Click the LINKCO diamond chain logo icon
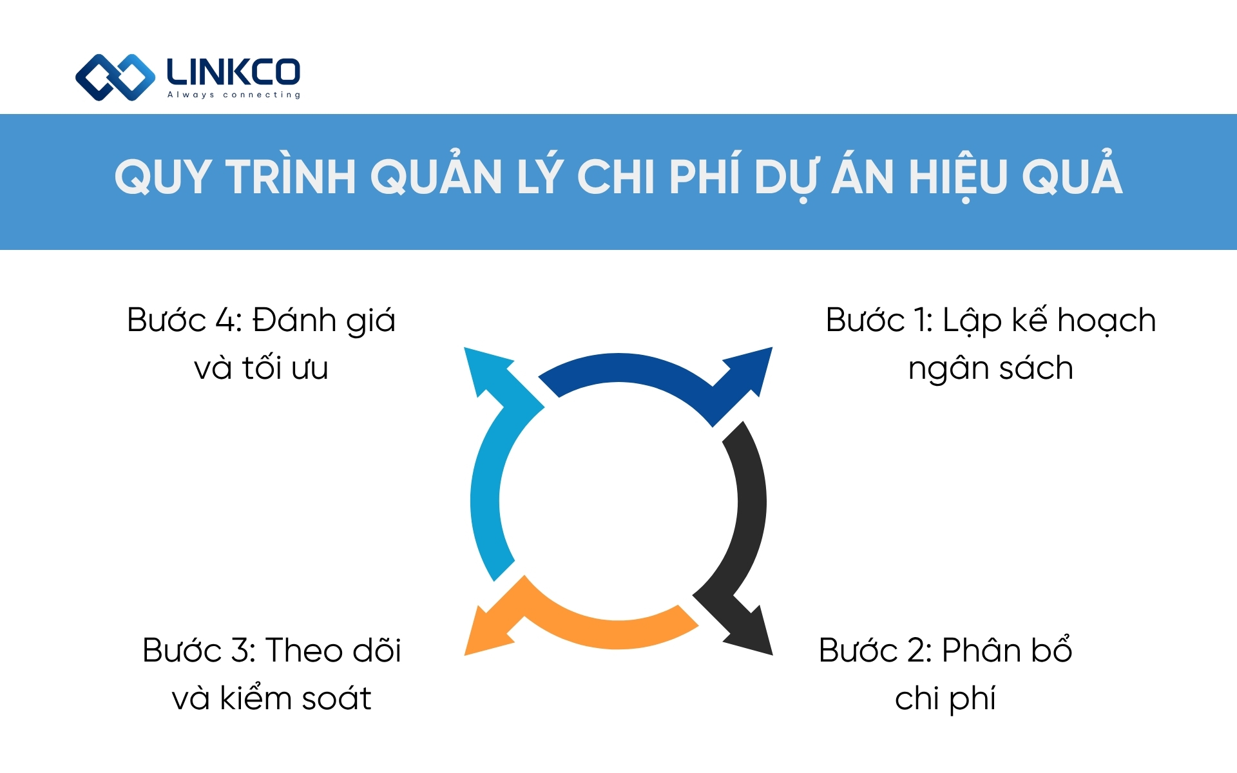coord(115,77)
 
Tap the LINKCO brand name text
coord(233,72)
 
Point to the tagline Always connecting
coord(234,95)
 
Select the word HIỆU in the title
coord(957,177)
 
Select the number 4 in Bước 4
coord(226,320)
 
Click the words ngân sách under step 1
coord(990,368)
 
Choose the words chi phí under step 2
coord(945,698)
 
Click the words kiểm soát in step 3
coord(296,698)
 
